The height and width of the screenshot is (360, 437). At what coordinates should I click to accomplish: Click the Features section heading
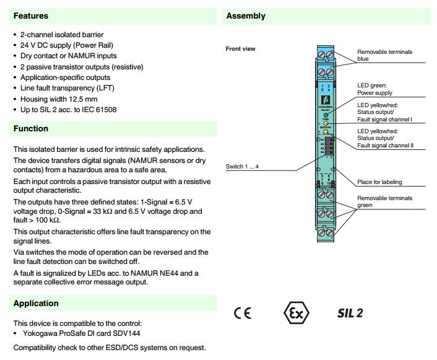click(x=30, y=15)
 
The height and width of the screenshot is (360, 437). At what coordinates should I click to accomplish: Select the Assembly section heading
click(x=246, y=15)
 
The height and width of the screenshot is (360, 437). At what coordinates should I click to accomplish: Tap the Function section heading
click(x=30, y=129)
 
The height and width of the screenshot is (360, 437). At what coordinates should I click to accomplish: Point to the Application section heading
click(x=36, y=303)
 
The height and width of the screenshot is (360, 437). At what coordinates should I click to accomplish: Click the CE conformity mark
click(x=243, y=312)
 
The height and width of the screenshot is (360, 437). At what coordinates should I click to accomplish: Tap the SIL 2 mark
click(x=350, y=312)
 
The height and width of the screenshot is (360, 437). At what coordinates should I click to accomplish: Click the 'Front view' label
click(x=240, y=49)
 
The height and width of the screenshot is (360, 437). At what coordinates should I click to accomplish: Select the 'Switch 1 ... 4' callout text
click(x=243, y=167)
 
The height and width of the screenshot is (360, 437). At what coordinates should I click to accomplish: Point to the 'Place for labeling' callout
click(x=379, y=182)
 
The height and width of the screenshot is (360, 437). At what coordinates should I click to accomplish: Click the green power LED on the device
click(x=326, y=115)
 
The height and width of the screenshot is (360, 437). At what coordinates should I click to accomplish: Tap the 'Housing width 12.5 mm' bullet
click(x=59, y=99)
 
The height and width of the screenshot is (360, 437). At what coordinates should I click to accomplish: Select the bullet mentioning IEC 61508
click(x=68, y=110)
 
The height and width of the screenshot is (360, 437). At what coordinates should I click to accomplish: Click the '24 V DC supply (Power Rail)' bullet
click(x=67, y=45)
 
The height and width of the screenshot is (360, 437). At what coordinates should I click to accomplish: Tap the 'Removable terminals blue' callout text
click(x=384, y=56)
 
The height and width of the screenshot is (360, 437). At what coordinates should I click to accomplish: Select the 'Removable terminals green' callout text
click(x=384, y=201)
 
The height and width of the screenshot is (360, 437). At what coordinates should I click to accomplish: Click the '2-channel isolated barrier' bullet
click(x=62, y=35)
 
